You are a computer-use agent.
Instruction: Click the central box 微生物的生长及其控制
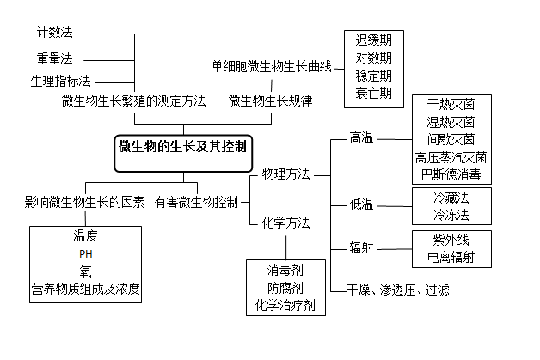coord(182,147)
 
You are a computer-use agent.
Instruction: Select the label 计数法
coord(54,33)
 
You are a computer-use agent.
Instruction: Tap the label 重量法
coord(54,58)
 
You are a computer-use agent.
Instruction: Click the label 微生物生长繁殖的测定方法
coord(134,101)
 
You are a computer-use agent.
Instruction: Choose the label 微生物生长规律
coord(270,101)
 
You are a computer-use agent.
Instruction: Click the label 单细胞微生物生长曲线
coord(271,66)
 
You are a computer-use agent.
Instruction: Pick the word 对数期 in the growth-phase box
coord(374,58)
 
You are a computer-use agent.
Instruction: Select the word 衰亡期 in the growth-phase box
coord(374,94)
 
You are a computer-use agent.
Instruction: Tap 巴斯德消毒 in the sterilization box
coord(451,174)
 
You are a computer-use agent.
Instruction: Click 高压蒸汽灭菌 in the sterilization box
coord(451,157)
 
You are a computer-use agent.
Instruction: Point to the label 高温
coord(361,137)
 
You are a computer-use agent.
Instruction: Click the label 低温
coord(361,204)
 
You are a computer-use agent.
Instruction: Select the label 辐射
coord(361,248)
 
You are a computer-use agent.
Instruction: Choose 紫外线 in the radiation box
coord(451,240)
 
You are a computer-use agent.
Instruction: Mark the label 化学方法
coord(286,223)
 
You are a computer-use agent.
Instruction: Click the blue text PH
coord(85,254)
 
